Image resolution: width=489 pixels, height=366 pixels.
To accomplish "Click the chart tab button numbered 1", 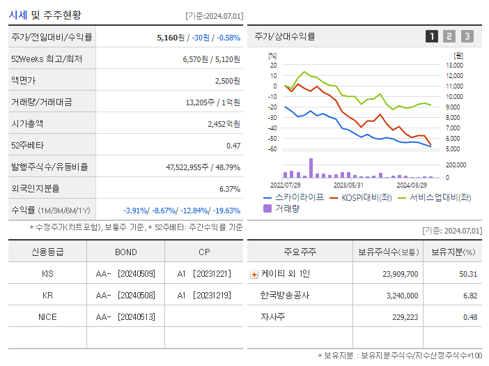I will click(432, 37).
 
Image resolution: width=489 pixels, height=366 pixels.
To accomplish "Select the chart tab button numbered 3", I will click(467, 37).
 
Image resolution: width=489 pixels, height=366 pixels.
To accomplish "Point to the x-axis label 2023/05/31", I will click(348, 185).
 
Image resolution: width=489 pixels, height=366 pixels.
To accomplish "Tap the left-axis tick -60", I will click(272, 149).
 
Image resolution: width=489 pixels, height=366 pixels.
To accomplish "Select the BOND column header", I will click(125, 252).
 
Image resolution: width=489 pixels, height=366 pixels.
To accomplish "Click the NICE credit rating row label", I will click(47, 317).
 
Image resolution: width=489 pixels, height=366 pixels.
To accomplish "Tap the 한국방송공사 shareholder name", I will click(286, 295).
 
